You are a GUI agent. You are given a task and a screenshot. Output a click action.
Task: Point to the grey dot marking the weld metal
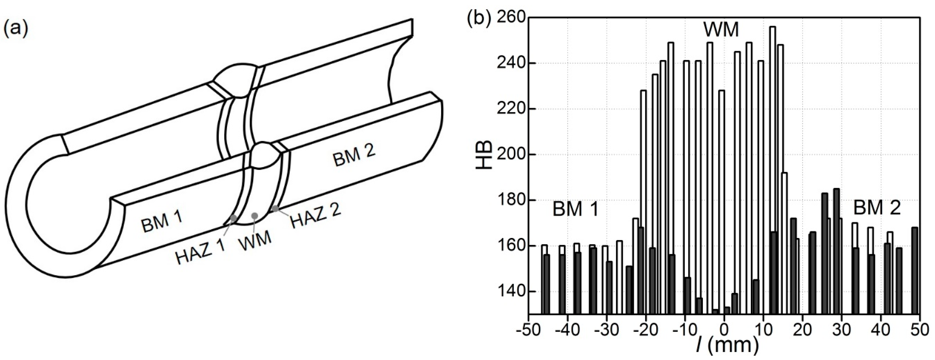pos(255,216)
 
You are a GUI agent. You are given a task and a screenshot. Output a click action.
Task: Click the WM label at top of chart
pos(721,30)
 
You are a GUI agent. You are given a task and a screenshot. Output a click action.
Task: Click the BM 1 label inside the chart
pos(575,210)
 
